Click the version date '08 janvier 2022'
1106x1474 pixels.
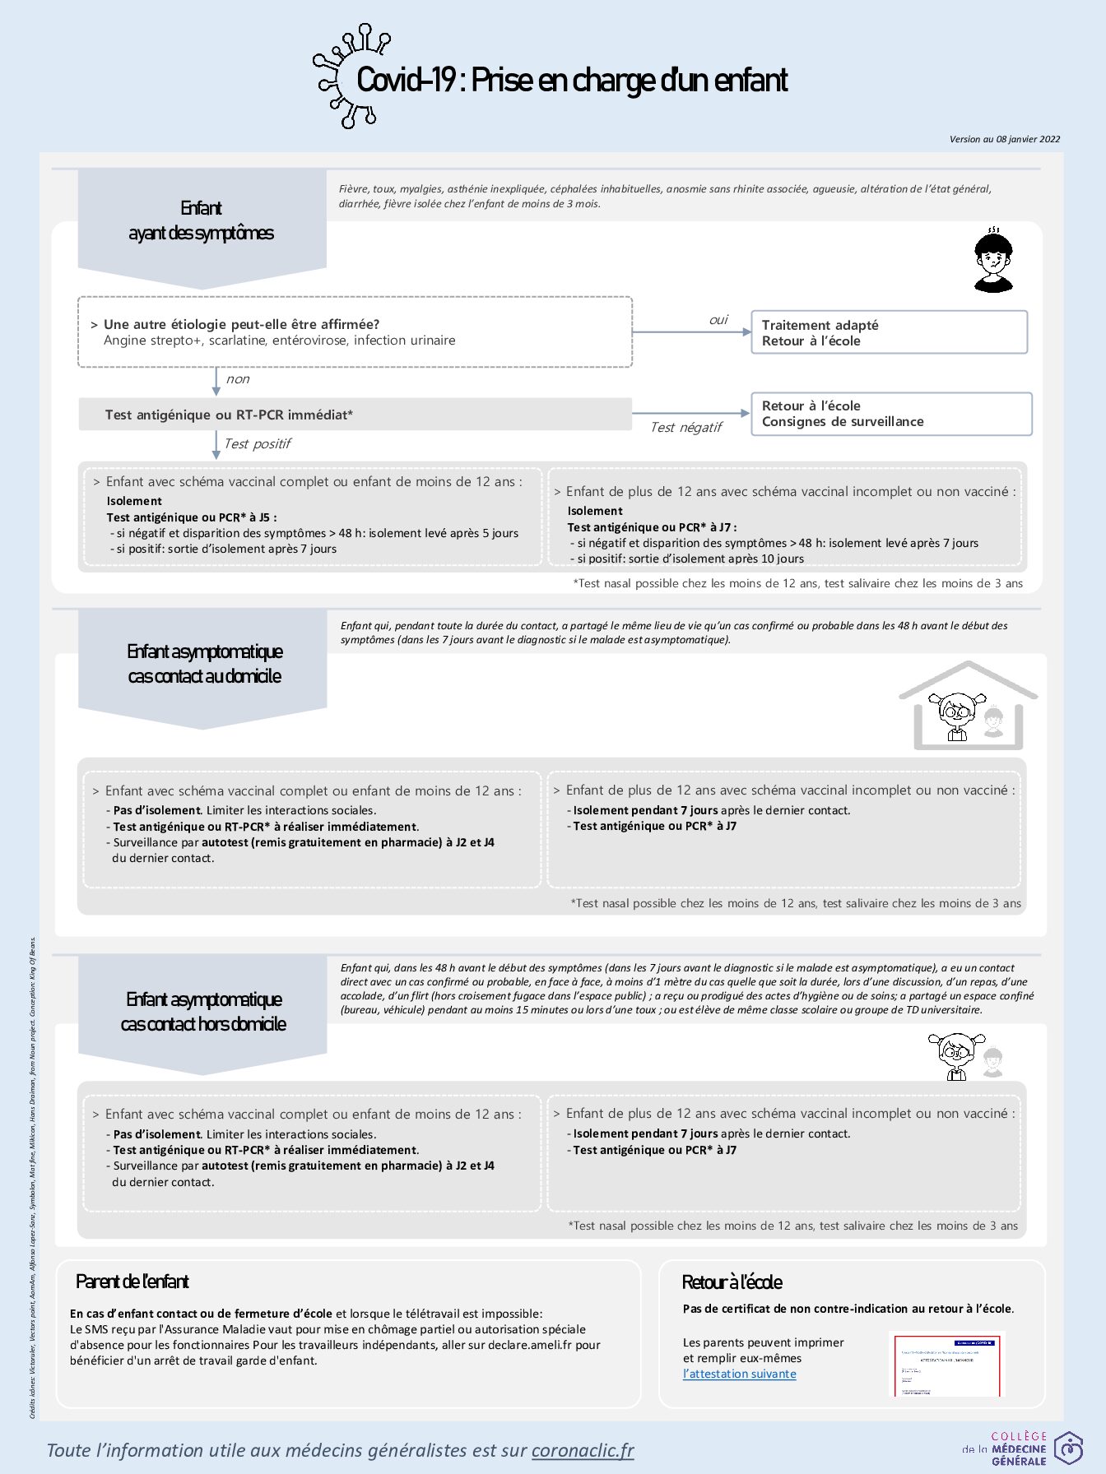[x=1028, y=139]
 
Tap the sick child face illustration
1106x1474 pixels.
[x=992, y=260]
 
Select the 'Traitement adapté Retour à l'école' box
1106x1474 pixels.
[x=889, y=332]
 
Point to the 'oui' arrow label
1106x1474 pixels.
[x=718, y=320]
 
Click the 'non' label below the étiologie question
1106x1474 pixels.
[x=238, y=379]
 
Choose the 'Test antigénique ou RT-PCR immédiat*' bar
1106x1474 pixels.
[x=355, y=415]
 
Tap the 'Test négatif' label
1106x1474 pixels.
[x=685, y=428]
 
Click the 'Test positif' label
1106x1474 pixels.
[x=258, y=444]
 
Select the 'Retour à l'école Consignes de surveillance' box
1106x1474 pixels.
[x=890, y=414]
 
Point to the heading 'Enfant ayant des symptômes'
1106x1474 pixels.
[x=202, y=220]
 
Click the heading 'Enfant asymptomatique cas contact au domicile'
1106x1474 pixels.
[x=204, y=664]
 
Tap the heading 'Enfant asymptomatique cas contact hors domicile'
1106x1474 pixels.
[x=203, y=1012]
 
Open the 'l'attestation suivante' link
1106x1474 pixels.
[x=739, y=1374]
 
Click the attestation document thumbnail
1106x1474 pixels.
[x=947, y=1365]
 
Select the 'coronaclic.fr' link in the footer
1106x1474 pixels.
[x=583, y=1450]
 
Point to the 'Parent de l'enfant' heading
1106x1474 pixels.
[x=132, y=1282]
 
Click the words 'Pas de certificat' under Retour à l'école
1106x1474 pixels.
[x=722, y=1309]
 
